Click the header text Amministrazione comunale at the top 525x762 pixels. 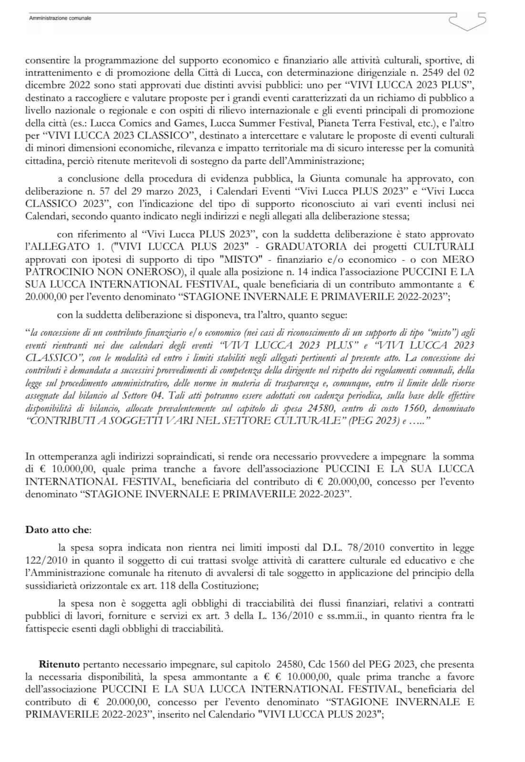60,18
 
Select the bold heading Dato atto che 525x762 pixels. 58,529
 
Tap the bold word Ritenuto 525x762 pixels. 60,664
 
